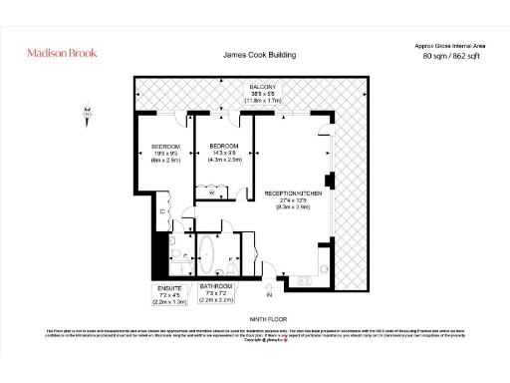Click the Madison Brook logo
tap(63, 55)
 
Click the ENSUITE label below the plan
tap(169, 288)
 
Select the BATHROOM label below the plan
tap(216, 288)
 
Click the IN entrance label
tap(267, 295)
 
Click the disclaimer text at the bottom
tap(255, 336)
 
